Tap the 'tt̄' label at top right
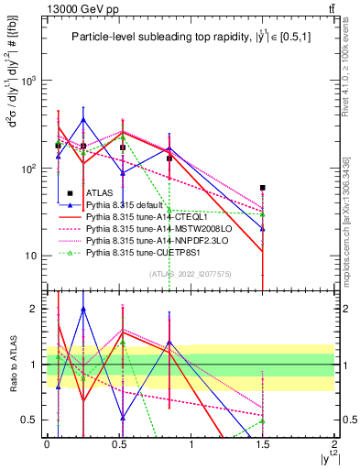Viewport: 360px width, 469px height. (x=328, y=8)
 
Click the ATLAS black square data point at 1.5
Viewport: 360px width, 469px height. (x=263, y=188)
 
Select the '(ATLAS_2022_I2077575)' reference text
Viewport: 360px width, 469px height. (x=191, y=273)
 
